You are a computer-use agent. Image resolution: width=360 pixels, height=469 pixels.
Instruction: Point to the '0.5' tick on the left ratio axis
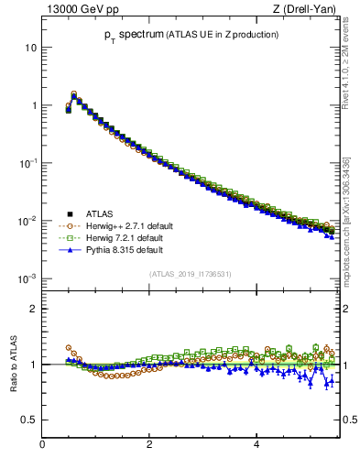pyautogui.click(x=27, y=420)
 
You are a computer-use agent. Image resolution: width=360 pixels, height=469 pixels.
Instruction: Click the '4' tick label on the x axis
pyautogui.click(x=256, y=445)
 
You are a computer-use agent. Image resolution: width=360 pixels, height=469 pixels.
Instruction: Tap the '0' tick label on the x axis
pyautogui.click(x=42, y=445)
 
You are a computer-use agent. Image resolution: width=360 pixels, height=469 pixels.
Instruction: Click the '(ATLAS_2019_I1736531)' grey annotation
pyautogui.click(x=190, y=274)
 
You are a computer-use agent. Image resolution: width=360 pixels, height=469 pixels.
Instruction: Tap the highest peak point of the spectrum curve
pyautogui.click(x=73, y=93)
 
